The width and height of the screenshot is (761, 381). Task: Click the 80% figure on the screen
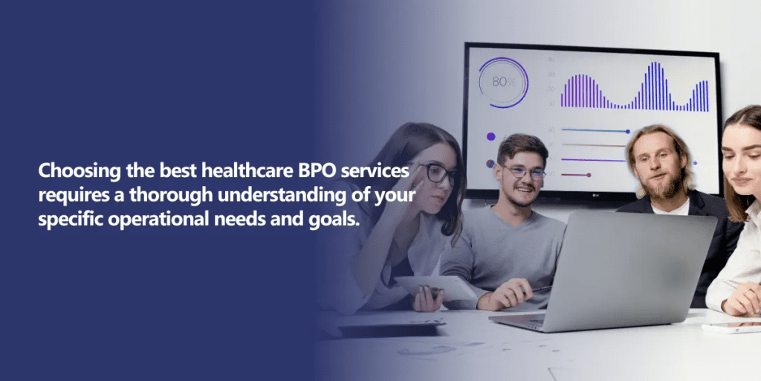coord(503,82)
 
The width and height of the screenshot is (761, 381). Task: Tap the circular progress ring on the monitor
coord(503,58)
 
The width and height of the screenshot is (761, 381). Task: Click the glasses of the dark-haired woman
coord(437,173)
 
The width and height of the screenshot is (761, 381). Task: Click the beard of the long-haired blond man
coord(661,186)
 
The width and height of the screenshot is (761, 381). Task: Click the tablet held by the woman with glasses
coord(435,288)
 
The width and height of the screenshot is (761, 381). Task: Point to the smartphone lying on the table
coord(732,327)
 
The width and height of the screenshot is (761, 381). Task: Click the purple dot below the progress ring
coord(491,137)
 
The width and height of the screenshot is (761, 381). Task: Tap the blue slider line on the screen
coord(595,131)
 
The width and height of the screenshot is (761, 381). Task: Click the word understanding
coord(278,195)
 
